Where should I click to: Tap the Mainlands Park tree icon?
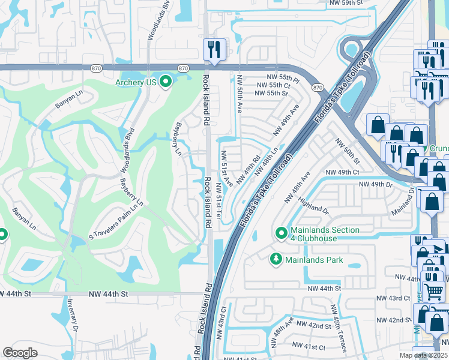pyautogui.click(x=276, y=259)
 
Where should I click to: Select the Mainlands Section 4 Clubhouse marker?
pyautogui.click(x=280, y=232)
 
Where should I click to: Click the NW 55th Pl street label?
pyautogui.click(x=284, y=79)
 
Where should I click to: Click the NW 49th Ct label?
pyautogui.click(x=342, y=172)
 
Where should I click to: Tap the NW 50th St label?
pyautogui.click(x=347, y=152)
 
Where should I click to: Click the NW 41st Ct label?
pyautogui.click(x=308, y=346)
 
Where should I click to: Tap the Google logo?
pyautogui.click(x=20, y=352)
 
